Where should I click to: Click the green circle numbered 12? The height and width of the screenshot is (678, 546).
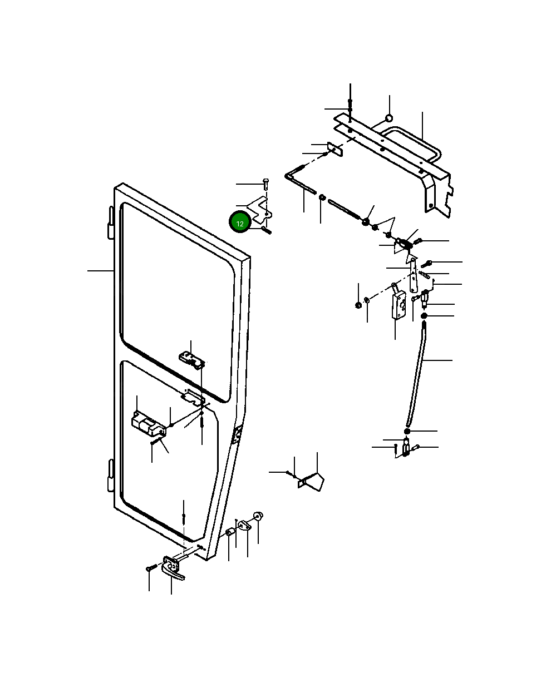click(x=240, y=223)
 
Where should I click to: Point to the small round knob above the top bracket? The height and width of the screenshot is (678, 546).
click(x=389, y=118)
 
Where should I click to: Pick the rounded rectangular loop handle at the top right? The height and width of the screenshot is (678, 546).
click(x=415, y=143)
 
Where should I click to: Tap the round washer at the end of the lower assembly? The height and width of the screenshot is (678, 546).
click(x=258, y=516)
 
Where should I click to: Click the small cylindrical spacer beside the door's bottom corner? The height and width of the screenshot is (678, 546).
click(x=229, y=534)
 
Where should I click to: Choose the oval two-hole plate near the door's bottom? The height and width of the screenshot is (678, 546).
click(x=244, y=525)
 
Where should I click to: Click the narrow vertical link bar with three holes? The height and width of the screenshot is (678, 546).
click(x=414, y=275)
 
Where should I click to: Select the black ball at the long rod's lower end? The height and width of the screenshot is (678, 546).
click(x=407, y=431)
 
